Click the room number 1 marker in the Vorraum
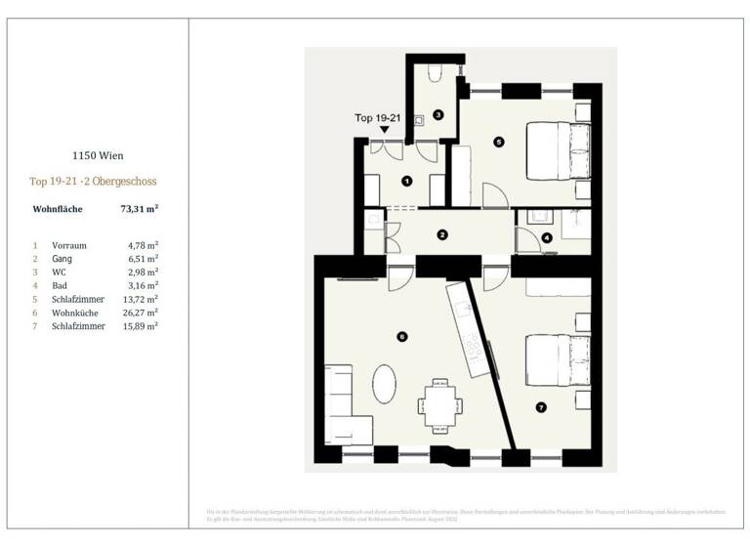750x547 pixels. [x=406, y=180]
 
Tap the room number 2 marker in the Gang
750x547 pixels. [x=442, y=234]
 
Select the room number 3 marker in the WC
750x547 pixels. [x=438, y=114]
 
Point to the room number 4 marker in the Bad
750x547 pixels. [x=546, y=237]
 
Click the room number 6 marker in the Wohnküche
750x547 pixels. [x=401, y=337]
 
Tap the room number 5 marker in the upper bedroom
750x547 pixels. [x=498, y=142]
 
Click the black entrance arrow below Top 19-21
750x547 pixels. [x=385, y=129]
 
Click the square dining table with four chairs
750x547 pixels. [x=437, y=403]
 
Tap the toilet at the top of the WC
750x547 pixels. [x=435, y=73]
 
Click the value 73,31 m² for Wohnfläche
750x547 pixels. [x=140, y=209]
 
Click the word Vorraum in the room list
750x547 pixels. [x=68, y=245]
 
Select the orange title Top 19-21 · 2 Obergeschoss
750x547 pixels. [x=93, y=182]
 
